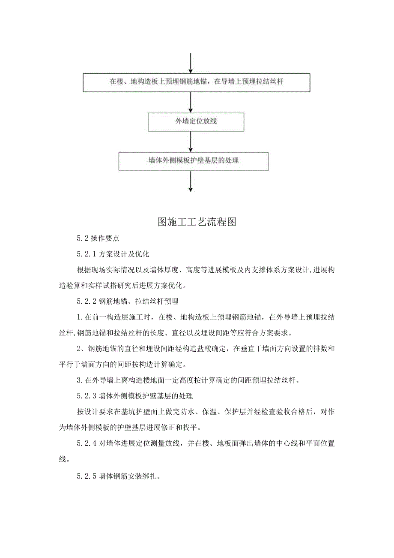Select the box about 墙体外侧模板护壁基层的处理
coord(194,161)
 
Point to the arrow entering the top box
coord(191,63)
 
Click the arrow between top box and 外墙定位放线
coord(191,102)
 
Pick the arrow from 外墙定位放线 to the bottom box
coord(191,141)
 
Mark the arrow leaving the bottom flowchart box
coord(191,181)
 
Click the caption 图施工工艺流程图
coord(197,222)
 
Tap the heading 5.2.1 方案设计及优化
coord(113,254)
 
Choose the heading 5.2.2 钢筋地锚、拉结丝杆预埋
coord(128,302)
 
